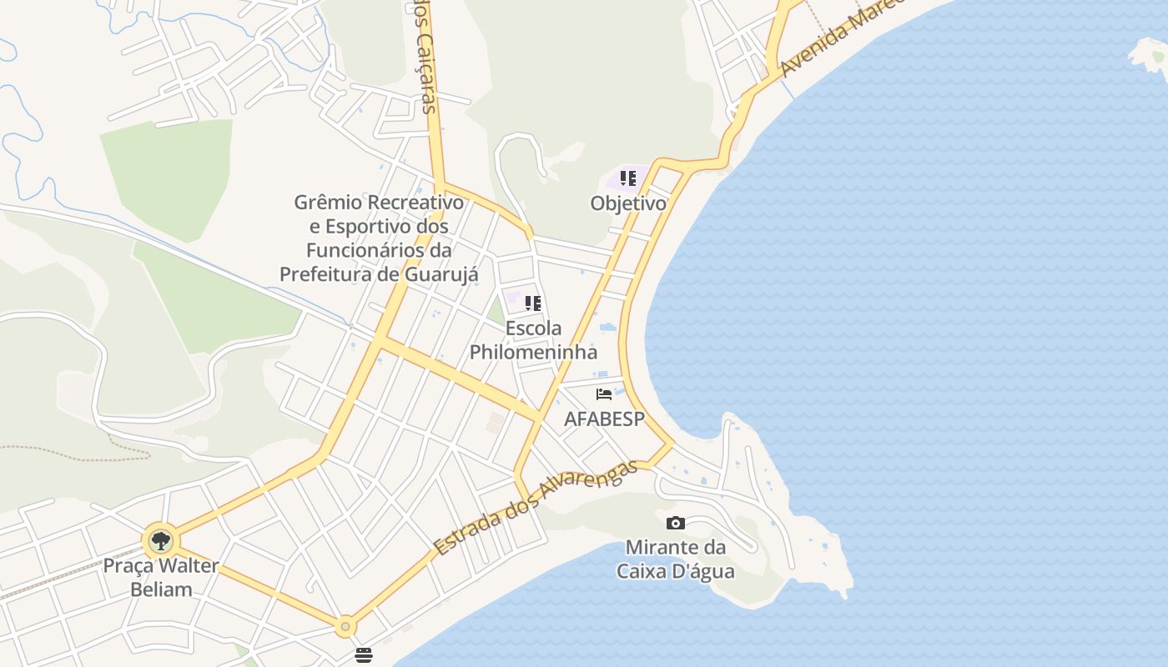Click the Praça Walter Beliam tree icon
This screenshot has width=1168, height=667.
pyautogui.click(x=160, y=541)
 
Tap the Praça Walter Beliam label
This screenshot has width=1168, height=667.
pyautogui.click(x=160, y=577)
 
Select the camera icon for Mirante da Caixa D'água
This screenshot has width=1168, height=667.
pyautogui.click(x=676, y=524)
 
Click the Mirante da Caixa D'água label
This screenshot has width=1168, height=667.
pyautogui.click(x=675, y=559)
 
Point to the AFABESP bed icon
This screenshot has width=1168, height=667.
pyautogui.click(x=604, y=394)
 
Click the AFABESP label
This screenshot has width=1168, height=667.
pyautogui.click(x=604, y=419)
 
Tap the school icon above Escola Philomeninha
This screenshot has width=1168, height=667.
pyautogui.click(x=533, y=303)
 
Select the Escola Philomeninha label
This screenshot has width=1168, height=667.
pyautogui.click(x=533, y=340)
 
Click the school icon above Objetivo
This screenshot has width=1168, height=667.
pyautogui.click(x=628, y=178)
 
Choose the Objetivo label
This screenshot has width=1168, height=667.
pyautogui.click(x=628, y=203)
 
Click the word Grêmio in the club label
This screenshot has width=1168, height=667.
pyautogui.click(x=328, y=203)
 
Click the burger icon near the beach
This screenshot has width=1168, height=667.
pyautogui.click(x=363, y=655)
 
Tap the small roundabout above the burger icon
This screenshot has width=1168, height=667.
pyautogui.click(x=345, y=625)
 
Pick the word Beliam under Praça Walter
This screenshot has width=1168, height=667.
pyautogui.click(x=160, y=589)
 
